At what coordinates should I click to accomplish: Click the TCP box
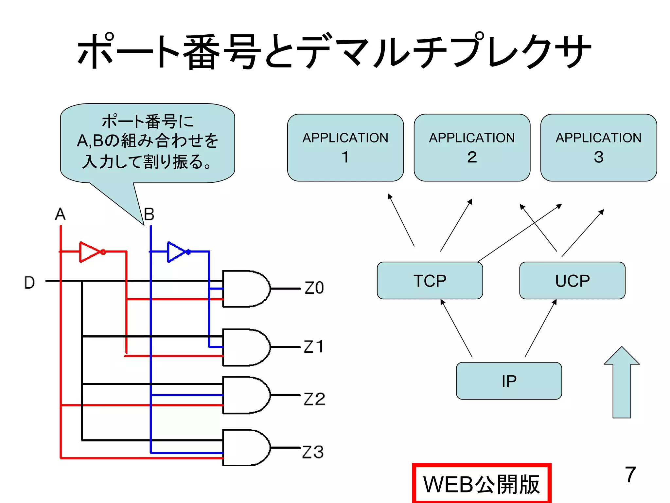pyautogui.click(x=430, y=281)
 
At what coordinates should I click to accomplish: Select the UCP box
pyautogui.click(x=572, y=281)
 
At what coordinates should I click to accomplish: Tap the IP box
pyautogui.click(x=509, y=381)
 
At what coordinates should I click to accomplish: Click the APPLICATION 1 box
pyautogui.click(x=345, y=147)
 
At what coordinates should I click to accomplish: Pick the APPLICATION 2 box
pyautogui.click(x=472, y=147)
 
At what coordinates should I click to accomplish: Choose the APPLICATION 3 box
pyautogui.click(x=598, y=147)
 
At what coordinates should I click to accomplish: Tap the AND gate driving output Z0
pyautogui.click(x=245, y=289)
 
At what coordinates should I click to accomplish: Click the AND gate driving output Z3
pyautogui.click(x=245, y=448)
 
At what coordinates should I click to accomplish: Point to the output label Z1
pyautogui.click(x=313, y=346)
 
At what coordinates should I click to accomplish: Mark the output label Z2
pyautogui.click(x=314, y=399)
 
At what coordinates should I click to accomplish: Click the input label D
pyautogui.click(x=29, y=283)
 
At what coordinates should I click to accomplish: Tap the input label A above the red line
pyautogui.click(x=60, y=214)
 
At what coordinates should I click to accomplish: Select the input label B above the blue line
pyautogui.click(x=149, y=214)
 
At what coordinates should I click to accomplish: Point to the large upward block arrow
pyautogui.click(x=622, y=383)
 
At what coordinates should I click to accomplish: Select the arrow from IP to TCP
pyautogui.click(x=457, y=328)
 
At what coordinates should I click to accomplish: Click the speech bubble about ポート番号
pyautogui.click(x=147, y=142)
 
